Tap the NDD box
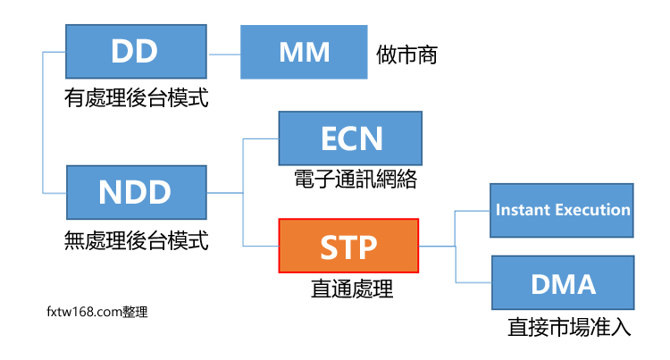coord(136,193)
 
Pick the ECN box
coord(350,139)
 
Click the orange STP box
coord(348,247)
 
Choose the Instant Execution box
coord(562,211)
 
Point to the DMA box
coord(562,284)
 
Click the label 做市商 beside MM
coord(406,54)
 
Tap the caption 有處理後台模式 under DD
coord(137,98)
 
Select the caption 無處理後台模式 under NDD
coord(137,239)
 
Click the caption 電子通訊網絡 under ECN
coord(355,180)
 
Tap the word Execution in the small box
coord(589,211)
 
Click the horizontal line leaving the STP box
coord(437,247)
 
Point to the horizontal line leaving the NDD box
coord(225,193)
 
